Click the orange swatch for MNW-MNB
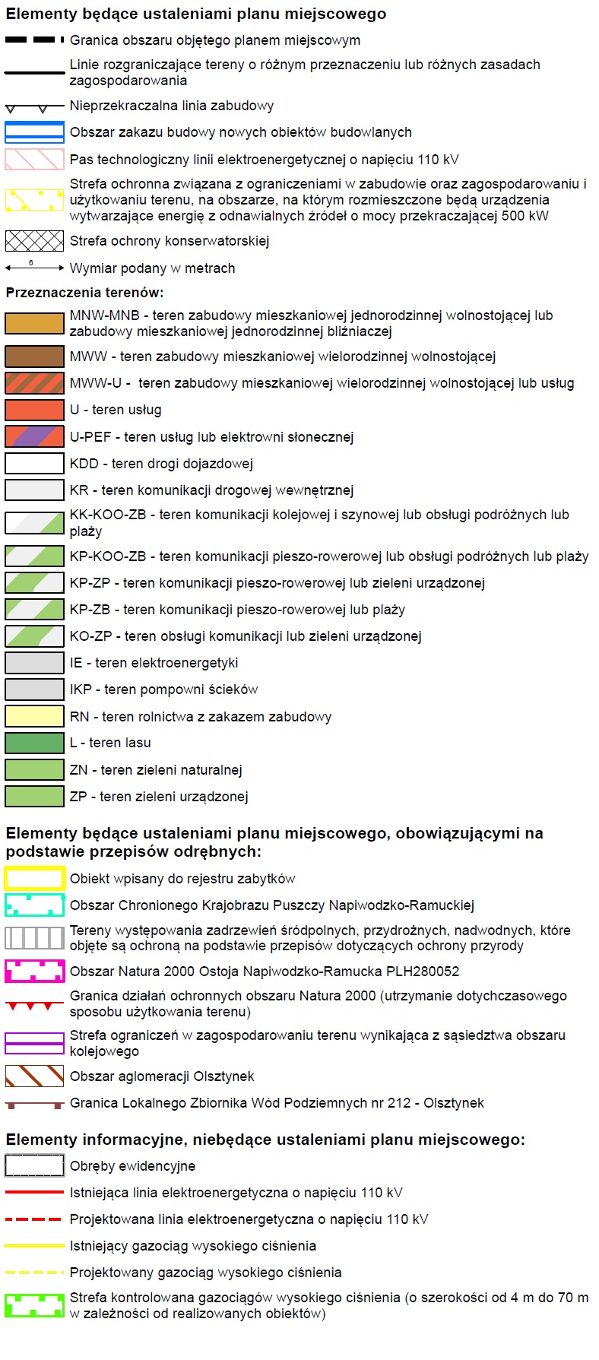(x=34, y=323)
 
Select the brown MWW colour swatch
(x=34, y=357)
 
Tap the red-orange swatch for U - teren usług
(x=34, y=410)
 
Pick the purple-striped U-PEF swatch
(x=34, y=436)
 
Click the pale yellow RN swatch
(x=34, y=716)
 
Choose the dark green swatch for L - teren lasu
(x=34, y=743)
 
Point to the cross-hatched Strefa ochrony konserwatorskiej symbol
(x=34, y=241)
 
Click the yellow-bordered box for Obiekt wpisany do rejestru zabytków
(x=34, y=879)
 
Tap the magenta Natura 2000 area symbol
(x=34, y=971)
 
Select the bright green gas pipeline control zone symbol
(x=34, y=1305)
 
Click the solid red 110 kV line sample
(x=34, y=1192)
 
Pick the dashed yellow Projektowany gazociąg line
(x=34, y=1272)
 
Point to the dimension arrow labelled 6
(x=34, y=268)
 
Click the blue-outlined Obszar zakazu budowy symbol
(x=34, y=132)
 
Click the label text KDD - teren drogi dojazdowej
(x=161, y=464)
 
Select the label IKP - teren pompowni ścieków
(x=163, y=690)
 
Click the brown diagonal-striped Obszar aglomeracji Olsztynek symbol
(x=34, y=1076)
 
